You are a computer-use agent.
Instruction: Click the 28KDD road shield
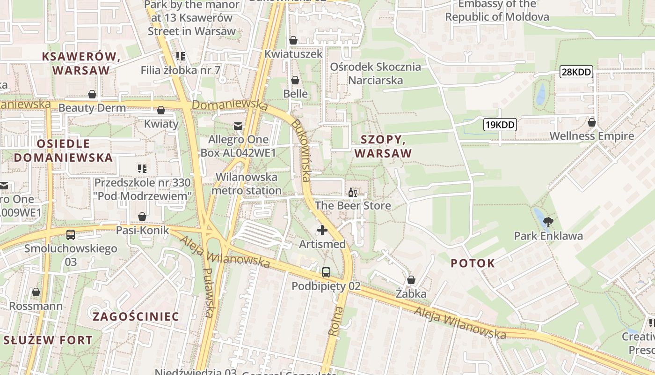(576, 72)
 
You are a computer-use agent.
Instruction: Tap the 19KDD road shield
(500, 125)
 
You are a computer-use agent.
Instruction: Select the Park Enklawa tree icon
(548, 222)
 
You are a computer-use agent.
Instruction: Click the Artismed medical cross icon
(322, 230)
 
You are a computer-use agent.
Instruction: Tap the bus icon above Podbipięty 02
(326, 272)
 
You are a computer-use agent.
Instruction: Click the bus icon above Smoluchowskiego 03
(71, 234)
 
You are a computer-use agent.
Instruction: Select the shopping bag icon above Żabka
(411, 280)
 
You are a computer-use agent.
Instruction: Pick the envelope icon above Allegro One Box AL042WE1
(238, 126)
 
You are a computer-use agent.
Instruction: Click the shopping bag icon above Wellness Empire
(591, 122)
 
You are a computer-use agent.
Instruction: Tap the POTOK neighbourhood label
(473, 263)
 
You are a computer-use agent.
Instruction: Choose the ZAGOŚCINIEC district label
(136, 316)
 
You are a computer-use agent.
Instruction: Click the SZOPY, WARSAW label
(383, 146)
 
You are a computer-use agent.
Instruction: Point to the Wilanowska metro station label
(247, 184)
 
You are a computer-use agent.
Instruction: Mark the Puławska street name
(209, 292)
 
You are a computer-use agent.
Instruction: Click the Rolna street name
(335, 321)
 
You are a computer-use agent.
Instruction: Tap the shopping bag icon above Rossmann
(36, 292)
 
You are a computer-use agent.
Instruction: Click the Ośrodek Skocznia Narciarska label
(375, 74)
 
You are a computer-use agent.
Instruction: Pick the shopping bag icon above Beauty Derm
(92, 94)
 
